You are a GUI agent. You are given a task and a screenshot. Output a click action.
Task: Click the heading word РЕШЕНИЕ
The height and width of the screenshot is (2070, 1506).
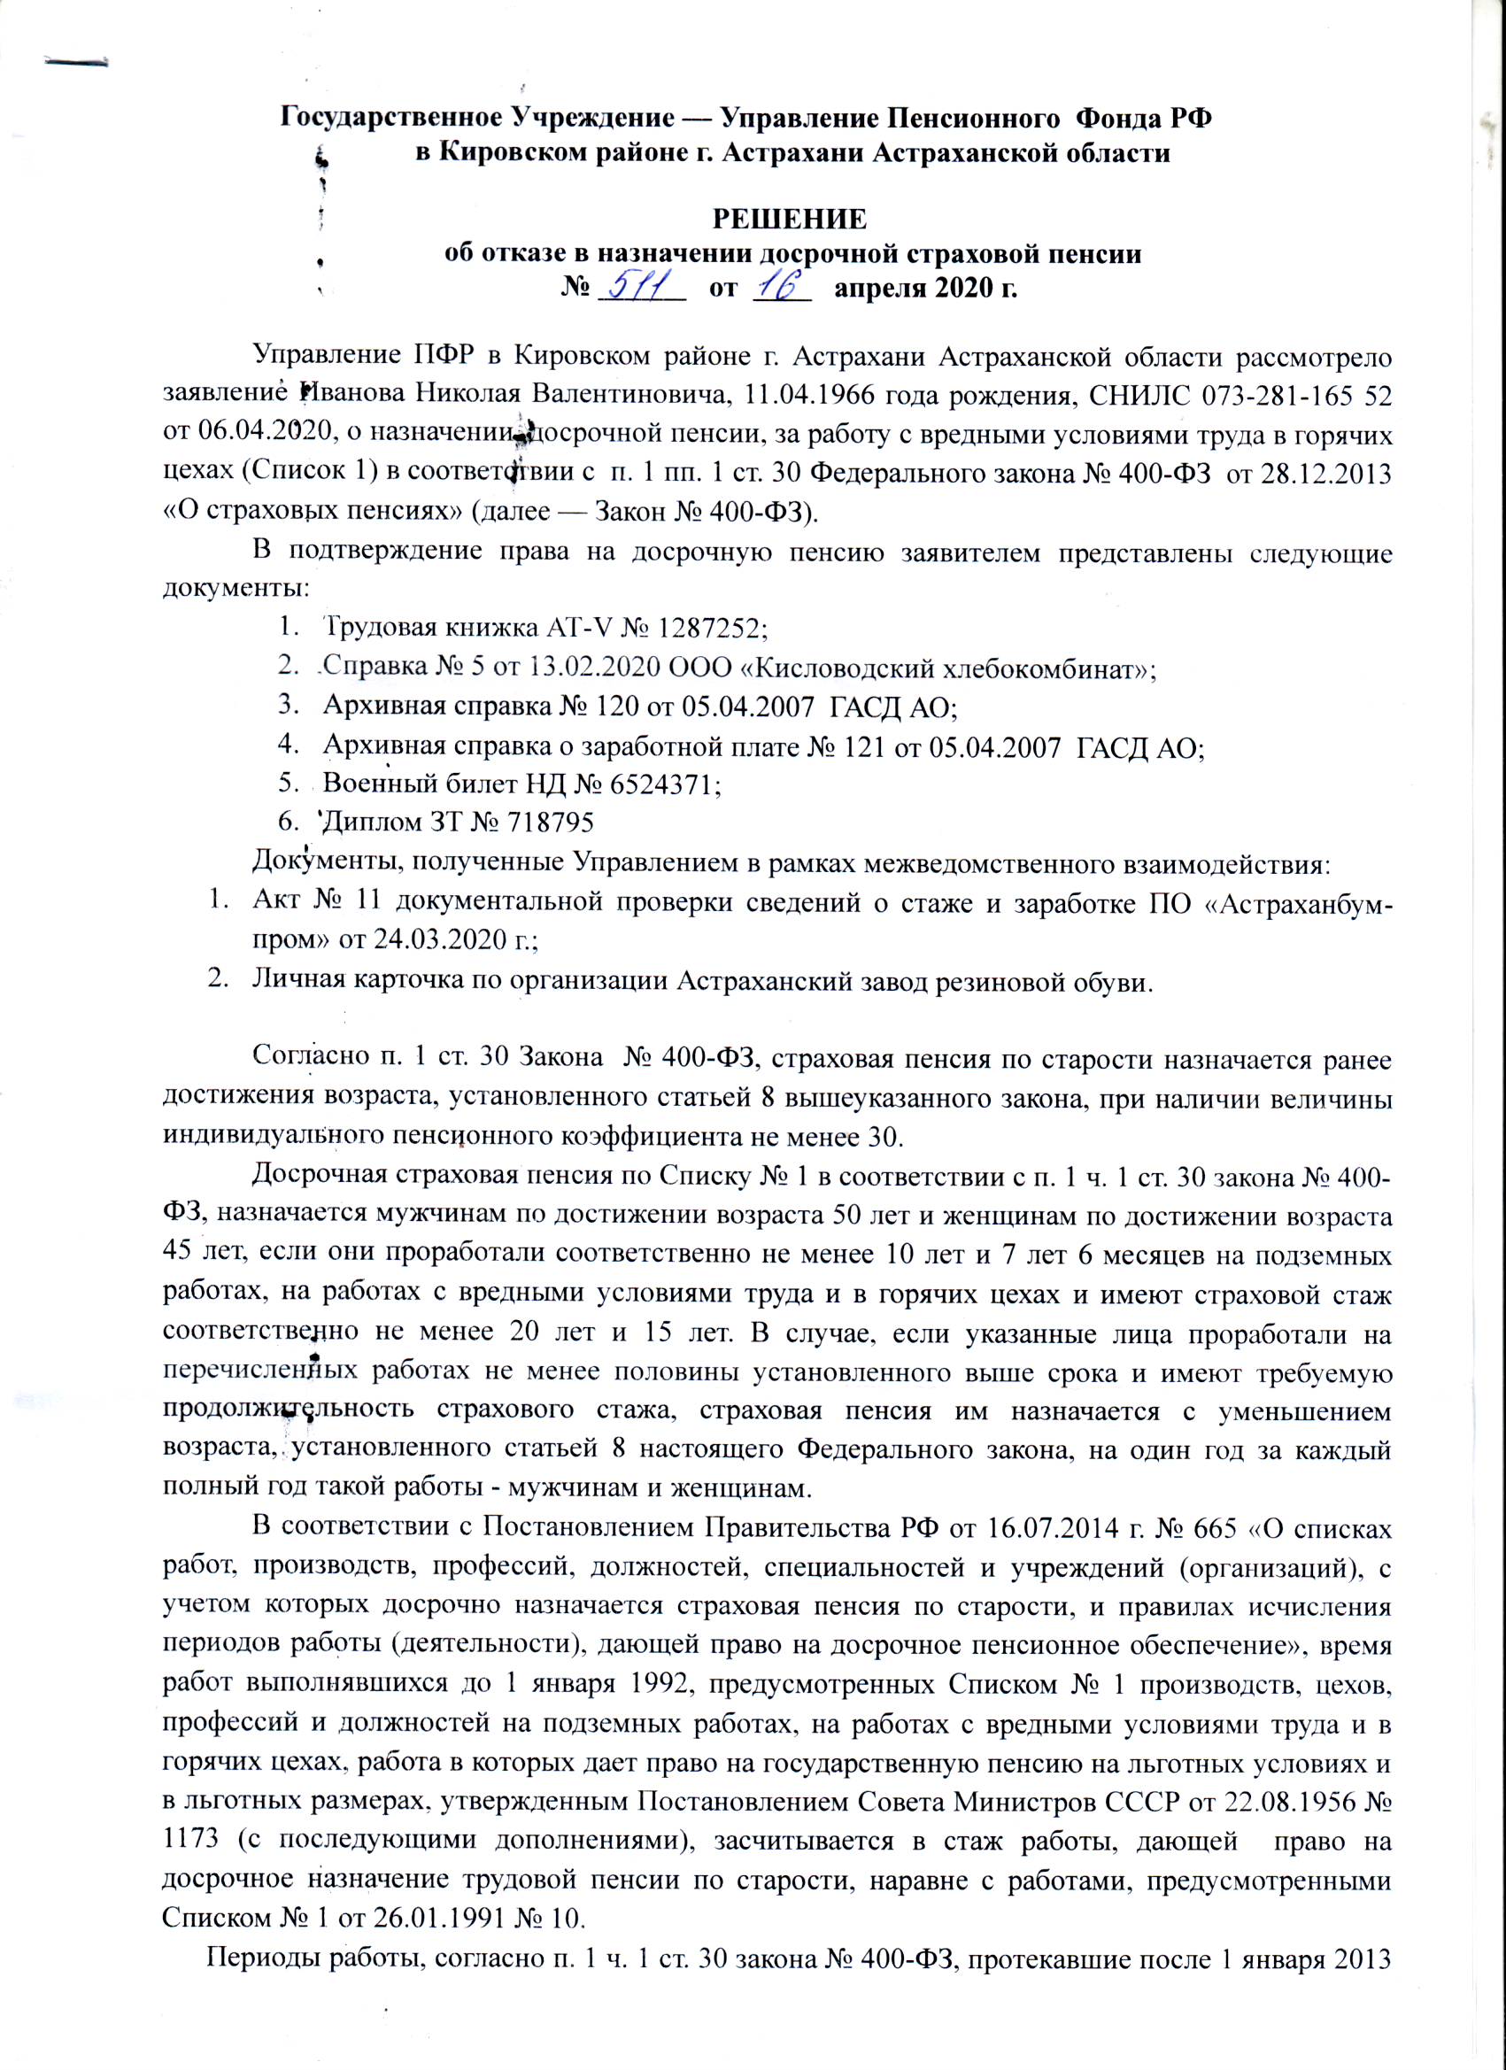791,220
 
